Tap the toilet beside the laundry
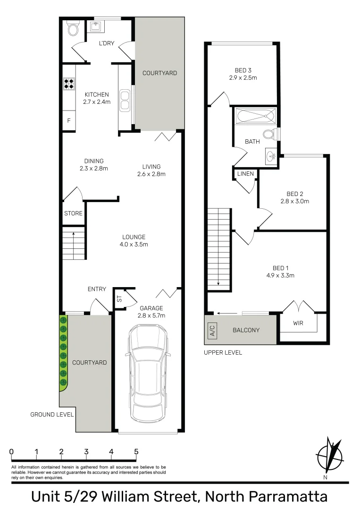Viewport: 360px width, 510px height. tap(73, 30)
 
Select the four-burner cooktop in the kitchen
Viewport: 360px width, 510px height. tap(69, 84)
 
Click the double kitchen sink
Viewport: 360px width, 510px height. tap(125, 99)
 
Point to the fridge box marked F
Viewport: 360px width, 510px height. tap(69, 121)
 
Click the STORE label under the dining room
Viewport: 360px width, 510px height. tap(73, 213)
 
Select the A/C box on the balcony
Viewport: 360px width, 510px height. tap(211, 330)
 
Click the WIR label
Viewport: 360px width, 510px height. tap(298, 324)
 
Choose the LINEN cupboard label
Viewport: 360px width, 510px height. tap(245, 174)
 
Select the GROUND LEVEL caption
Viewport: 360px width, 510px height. tap(52, 415)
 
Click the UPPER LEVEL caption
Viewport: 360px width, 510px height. tap(223, 353)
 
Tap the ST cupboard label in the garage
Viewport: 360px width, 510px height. tap(119, 298)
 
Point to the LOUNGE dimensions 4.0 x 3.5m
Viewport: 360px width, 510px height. tap(134, 245)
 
